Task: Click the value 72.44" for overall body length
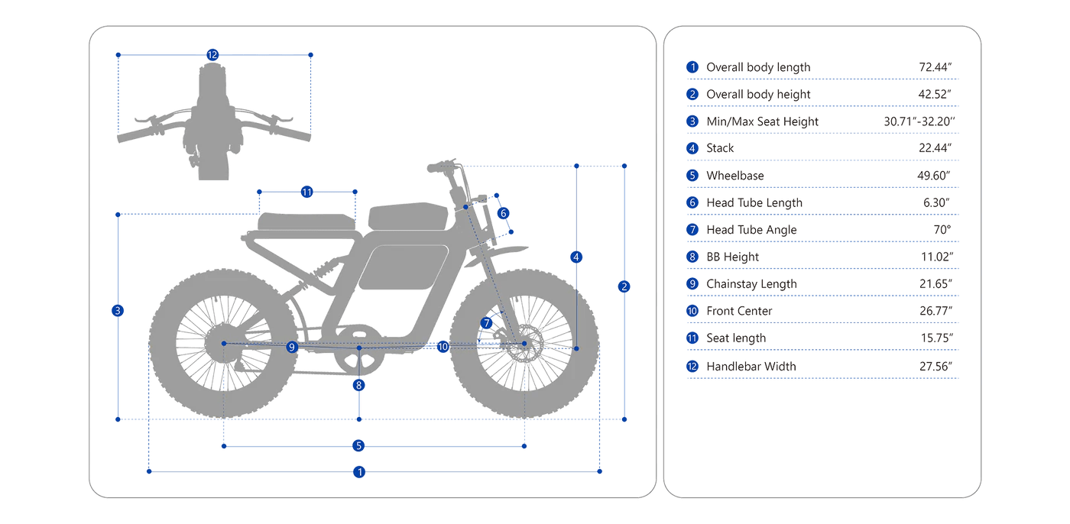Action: pyautogui.click(x=935, y=67)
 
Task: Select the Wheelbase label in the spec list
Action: pyautogui.click(x=734, y=176)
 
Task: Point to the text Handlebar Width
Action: pyautogui.click(x=751, y=366)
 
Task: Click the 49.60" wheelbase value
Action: pyautogui.click(x=935, y=176)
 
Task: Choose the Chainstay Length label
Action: pyautogui.click(x=751, y=284)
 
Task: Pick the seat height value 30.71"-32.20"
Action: pyautogui.click(x=920, y=121)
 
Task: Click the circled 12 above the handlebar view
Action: pyautogui.click(x=212, y=55)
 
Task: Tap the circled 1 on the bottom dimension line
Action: pyautogui.click(x=359, y=472)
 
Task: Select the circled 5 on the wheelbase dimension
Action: pyautogui.click(x=359, y=446)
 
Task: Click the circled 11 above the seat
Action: pyautogui.click(x=306, y=192)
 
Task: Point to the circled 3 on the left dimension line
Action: pyautogui.click(x=118, y=311)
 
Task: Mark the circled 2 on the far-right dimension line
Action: pyautogui.click(x=624, y=287)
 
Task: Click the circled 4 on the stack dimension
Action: pyautogui.click(x=577, y=257)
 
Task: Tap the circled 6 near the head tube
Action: pyautogui.click(x=503, y=213)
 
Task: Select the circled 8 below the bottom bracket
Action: pyautogui.click(x=359, y=385)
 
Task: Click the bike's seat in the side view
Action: pyautogui.click(x=306, y=222)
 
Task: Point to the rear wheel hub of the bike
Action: pyautogui.click(x=223, y=344)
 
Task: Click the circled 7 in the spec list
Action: pyautogui.click(x=692, y=230)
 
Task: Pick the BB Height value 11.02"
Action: pyautogui.click(x=935, y=257)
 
